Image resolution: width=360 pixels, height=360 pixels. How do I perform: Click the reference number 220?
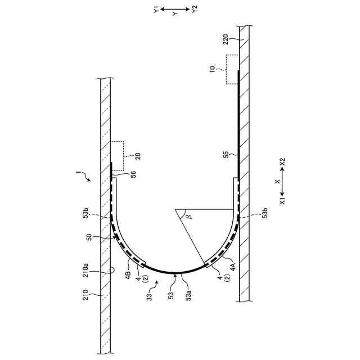[226, 39]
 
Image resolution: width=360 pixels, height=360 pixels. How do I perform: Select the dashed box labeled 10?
[232, 69]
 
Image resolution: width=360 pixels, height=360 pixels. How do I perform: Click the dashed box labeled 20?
[118, 156]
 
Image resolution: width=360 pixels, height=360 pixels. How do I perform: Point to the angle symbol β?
[190, 216]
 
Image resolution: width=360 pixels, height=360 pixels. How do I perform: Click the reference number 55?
[226, 155]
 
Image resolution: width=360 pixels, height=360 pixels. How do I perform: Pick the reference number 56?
[133, 174]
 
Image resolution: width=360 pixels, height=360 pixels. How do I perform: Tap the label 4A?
[232, 267]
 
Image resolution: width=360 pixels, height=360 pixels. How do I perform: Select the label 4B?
[128, 275]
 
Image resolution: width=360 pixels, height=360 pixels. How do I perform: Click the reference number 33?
[149, 297]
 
